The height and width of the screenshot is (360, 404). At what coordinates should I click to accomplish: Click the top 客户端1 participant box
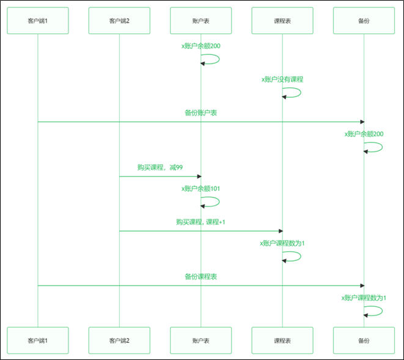(38, 21)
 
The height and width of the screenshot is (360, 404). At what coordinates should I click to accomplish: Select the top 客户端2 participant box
(119, 21)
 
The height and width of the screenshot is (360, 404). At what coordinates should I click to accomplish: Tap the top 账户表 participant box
(200, 21)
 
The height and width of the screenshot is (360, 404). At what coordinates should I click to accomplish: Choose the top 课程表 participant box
(282, 21)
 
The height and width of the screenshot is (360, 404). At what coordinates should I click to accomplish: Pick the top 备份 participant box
(364, 21)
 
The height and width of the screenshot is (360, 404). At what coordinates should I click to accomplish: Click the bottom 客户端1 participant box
(38, 340)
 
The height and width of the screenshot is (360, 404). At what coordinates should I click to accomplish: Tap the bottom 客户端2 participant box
(119, 340)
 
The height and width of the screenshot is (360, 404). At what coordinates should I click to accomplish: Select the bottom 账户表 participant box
(200, 340)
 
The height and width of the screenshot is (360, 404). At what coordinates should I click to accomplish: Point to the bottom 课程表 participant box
(282, 340)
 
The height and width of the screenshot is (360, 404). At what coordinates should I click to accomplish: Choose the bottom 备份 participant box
(364, 340)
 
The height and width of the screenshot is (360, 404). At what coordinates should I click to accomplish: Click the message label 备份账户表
(200, 113)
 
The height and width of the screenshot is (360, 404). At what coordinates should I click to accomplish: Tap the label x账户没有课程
(282, 79)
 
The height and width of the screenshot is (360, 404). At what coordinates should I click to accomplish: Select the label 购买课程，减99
(160, 167)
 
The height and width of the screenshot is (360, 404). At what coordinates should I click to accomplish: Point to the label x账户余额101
(200, 189)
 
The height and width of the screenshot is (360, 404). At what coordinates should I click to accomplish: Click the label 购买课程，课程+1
(200, 222)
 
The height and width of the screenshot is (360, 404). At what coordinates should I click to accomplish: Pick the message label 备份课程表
(200, 276)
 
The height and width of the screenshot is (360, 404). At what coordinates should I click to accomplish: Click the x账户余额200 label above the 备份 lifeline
(364, 134)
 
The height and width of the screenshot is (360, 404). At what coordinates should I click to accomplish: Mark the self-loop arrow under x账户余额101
(211, 202)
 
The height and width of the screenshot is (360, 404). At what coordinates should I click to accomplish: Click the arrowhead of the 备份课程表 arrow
(361, 285)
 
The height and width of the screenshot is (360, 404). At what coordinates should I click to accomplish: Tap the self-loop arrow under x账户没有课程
(293, 92)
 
